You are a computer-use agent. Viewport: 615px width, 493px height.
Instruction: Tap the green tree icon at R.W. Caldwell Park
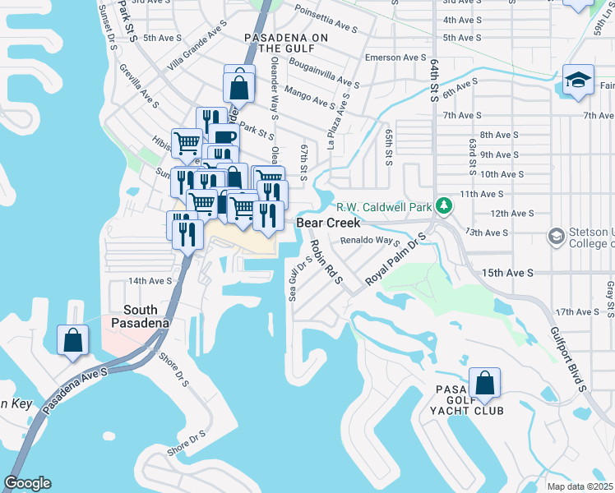(x=444, y=205)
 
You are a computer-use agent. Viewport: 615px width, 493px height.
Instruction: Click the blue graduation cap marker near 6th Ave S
(x=579, y=81)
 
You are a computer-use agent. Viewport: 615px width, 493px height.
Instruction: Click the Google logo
(x=27, y=483)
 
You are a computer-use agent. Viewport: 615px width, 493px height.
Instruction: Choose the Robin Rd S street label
(x=326, y=261)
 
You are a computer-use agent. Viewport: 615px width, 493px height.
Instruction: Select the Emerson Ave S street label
(x=395, y=58)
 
